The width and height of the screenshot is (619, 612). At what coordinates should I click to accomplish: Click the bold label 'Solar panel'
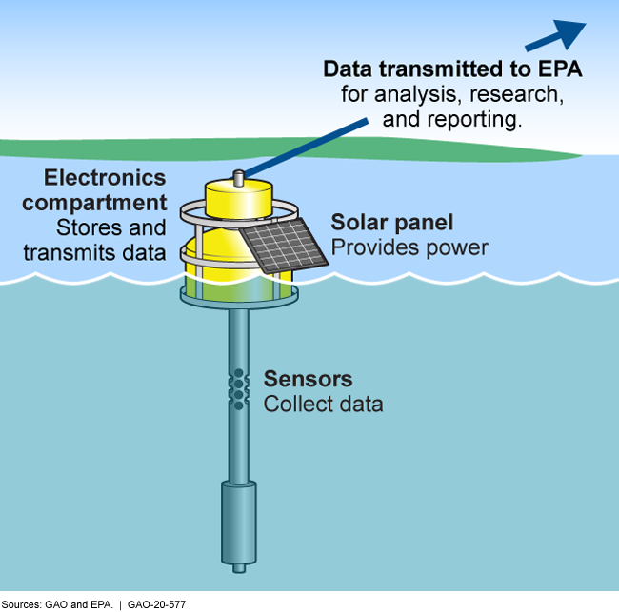coord(391,224)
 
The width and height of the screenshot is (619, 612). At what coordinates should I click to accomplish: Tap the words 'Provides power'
coord(409,247)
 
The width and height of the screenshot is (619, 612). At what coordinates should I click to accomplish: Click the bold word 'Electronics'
coord(105,178)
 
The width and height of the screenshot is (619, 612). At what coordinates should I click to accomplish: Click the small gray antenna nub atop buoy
coord(239,177)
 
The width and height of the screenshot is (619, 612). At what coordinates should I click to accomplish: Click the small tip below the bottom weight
coord(238,568)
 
